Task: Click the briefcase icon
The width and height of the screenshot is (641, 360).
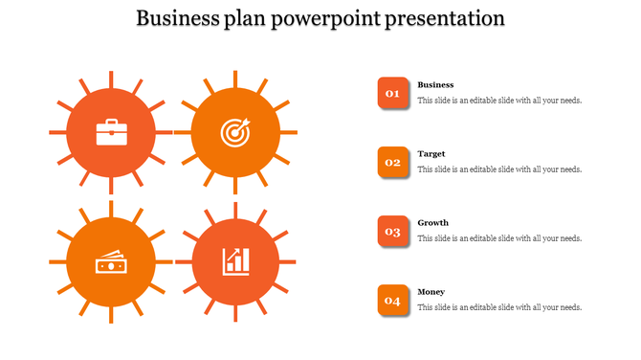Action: [x=110, y=132]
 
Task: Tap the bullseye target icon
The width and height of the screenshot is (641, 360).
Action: [x=234, y=132]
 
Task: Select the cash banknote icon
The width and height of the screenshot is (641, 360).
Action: [x=110, y=260]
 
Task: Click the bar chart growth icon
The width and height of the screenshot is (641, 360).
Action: [x=234, y=260]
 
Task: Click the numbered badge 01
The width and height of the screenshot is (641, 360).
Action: [x=392, y=94]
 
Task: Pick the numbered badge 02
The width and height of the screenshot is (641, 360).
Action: [x=392, y=163]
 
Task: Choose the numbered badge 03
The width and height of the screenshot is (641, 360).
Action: [x=392, y=232]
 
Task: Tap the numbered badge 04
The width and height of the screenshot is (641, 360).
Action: [x=392, y=301]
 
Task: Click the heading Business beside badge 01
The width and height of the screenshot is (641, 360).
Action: [x=435, y=85]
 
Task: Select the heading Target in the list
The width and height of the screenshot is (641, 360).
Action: [x=431, y=154]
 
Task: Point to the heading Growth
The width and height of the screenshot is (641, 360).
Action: [x=432, y=223]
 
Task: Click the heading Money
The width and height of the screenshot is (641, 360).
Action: [x=431, y=292]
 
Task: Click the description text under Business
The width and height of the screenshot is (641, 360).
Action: [x=499, y=101]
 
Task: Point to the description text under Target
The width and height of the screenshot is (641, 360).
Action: [x=499, y=169]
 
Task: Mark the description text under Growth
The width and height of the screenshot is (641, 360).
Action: [x=499, y=238]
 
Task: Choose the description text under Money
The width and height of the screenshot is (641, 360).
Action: [x=499, y=307]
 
